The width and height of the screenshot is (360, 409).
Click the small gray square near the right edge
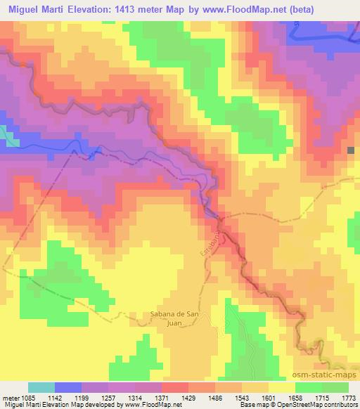pos(352,150)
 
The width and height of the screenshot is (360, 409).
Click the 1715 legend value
pos(322,398)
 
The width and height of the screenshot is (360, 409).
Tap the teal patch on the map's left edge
pos(10,136)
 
